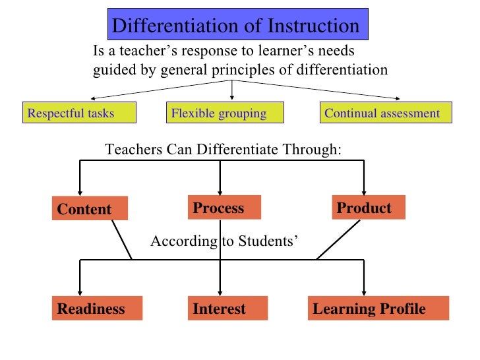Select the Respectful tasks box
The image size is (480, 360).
pyautogui.click(x=79, y=113)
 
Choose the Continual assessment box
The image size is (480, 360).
pyautogui.click(x=386, y=113)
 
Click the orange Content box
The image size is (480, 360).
pyautogui.click(x=90, y=209)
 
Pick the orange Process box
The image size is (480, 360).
pyautogui.click(x=225, y=208)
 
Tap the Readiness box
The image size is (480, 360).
pyautogui.click(x=98, y=309)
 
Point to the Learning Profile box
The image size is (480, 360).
pyautogui.click(x=378, y=309)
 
